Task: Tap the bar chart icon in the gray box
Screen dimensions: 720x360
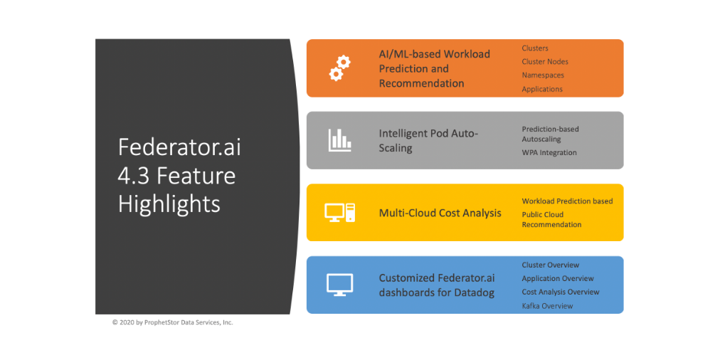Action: click(x=340, y=140)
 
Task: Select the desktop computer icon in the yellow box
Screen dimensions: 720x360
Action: click(x=340, y=213)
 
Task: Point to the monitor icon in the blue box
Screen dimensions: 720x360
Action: click(x=340, y=285)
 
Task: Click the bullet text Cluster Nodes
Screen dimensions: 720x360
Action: click(x=545, y=61)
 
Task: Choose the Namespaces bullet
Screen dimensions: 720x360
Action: click(x=543, y=75)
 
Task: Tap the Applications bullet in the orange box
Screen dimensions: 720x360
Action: click(x=542, y=89)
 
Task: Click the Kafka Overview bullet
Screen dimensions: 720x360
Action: click(x=547, y=306)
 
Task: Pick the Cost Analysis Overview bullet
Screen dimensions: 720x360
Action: click(x=561, y=292)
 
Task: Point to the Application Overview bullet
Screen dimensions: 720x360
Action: click(x=558, y=278)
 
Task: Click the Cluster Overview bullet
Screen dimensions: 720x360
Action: click(x=551, y=265)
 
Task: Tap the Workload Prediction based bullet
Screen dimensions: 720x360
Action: click(x=567, y=201)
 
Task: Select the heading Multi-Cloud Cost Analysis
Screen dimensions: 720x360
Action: click(x=440, y=213)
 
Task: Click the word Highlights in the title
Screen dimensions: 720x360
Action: click(x=169, y=204)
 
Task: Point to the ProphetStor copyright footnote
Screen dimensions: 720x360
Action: click(x=173, y=322)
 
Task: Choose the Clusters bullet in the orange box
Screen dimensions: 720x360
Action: click(x=535, y=48)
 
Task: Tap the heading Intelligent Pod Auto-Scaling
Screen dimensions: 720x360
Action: click(x=428, y=140)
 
